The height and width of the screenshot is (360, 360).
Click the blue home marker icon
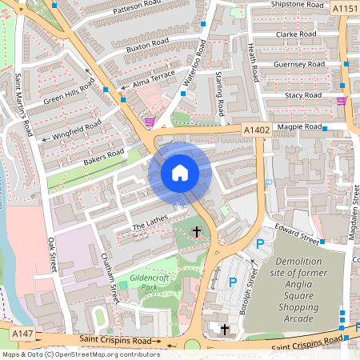click(x=180, y=173)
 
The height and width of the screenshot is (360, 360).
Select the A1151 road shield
click(x=345, y=9)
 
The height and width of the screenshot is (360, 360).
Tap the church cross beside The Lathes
click(x=196, y=232)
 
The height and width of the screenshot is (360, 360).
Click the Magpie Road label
click(x=297, y=126)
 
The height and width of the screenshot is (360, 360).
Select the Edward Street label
click(x=297, y=234)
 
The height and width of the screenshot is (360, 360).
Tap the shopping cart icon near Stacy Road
click(x=342, y=101)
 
